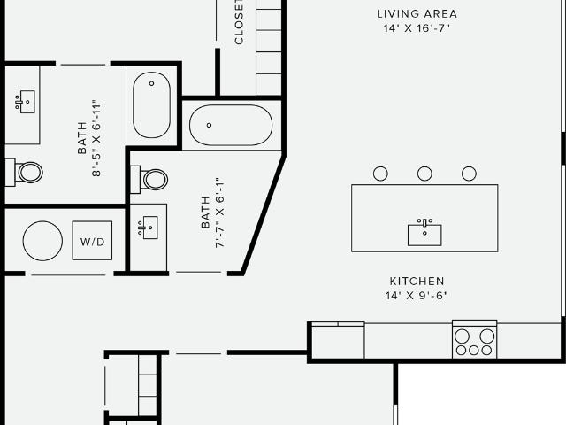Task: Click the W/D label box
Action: pos(92,241)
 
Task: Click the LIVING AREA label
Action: pos(417,14)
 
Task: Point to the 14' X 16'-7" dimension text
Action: pos(417,28)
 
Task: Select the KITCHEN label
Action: pos(417,282)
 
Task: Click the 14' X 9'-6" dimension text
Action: pos(417,296)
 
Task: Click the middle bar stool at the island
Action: pos(424,174)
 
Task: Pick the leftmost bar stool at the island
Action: pos(380,174)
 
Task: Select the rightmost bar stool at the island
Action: pos(469,174)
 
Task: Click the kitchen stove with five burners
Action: pos(474,340)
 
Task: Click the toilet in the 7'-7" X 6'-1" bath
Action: pos(149,179)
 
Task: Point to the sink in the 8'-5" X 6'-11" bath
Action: pos(26,102)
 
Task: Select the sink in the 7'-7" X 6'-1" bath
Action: pos(148,228)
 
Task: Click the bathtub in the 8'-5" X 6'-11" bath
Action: pos(151,105)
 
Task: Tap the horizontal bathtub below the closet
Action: pos(231,125)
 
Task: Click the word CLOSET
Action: pos(239,21)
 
